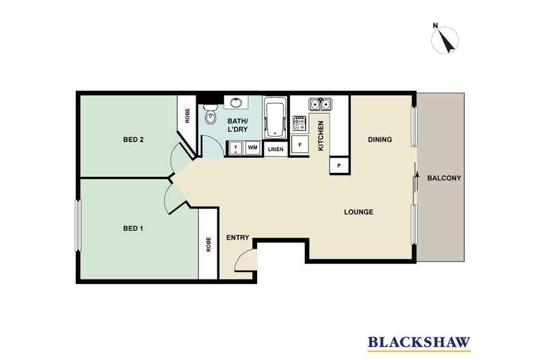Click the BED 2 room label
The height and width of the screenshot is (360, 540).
coord(133,140)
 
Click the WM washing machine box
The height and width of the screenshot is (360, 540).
coord(252,148)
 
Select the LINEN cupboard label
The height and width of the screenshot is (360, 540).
coord(275,149)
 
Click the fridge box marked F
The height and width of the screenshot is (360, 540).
coord(299,145)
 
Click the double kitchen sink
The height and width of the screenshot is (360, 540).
coord(320,104)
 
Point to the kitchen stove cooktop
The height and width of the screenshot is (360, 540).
coord(299,124)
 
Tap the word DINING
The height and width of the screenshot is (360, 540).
coord(380,139)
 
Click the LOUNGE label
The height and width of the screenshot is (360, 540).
coord(358,212)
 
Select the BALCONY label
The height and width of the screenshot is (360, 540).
coord(444,179)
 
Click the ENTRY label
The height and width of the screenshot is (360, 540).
coord(237,237)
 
